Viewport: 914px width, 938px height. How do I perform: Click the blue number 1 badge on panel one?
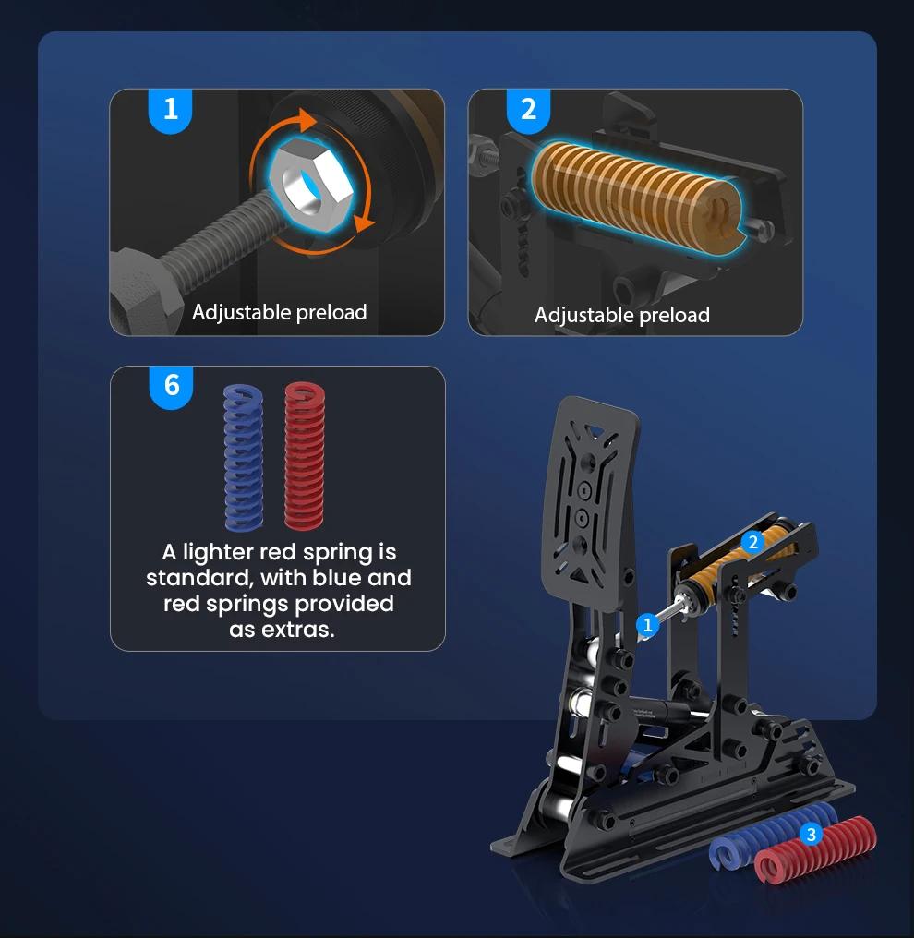pos(171,110)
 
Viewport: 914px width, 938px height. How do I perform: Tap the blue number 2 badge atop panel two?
pos(528,110)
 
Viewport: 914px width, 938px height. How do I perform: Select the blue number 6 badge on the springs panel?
pos(171,387)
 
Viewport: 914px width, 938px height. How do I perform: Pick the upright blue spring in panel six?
pos(243,457)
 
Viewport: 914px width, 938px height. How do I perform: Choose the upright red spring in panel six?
pos(305,456)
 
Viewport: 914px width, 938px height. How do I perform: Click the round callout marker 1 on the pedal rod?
pos(647,626)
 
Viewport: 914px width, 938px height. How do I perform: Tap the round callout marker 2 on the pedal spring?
pos(753,542)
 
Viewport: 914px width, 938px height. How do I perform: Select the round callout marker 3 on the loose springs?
pos(812,835)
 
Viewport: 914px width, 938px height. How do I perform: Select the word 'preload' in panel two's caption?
pos(674,315)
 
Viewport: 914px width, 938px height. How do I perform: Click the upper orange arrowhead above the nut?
pos(307,120)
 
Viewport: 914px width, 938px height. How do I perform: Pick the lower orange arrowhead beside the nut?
pos(364,222)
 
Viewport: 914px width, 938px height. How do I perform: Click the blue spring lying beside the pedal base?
pos(771,834)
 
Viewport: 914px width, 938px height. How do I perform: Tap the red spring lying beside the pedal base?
pos(814,849)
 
